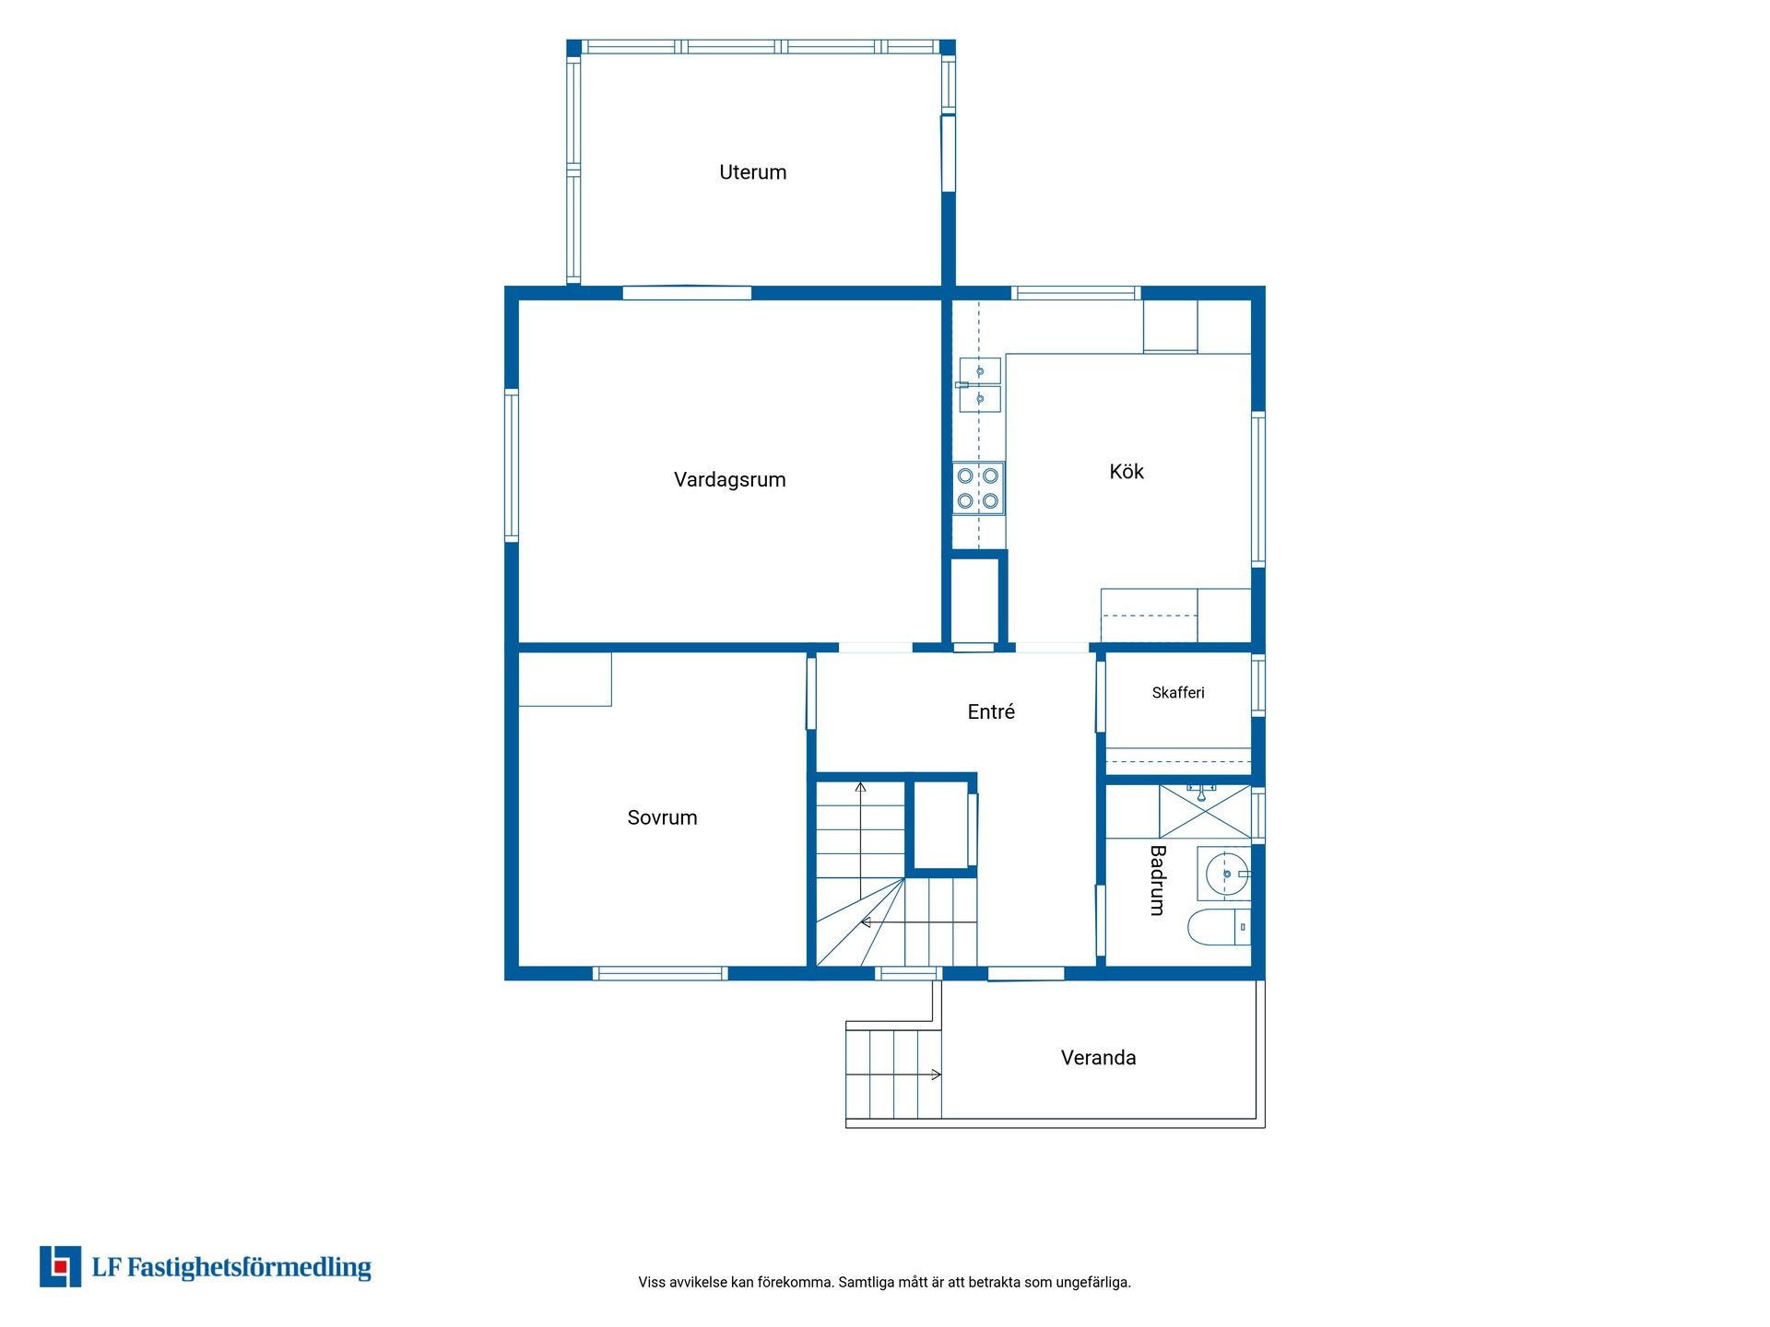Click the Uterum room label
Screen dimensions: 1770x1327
coord(752,172)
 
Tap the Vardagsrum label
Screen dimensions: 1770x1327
coord(729,479)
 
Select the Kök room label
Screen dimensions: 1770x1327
coord(1127,471)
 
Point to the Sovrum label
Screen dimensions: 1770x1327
coord(662,817)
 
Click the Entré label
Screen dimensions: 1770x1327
coord(991,711)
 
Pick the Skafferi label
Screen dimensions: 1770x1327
coord(1178,693)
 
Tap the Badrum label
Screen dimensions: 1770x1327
coord(1158,880)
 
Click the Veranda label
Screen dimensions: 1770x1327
coord(1098,1058)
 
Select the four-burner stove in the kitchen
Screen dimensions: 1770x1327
coord(978,488)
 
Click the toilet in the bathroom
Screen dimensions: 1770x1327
coord(1219,927)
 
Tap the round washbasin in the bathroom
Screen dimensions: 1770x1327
coord(1227,873)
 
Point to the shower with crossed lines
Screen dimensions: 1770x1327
coord(1205,812)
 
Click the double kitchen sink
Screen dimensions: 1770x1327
coord(979,384)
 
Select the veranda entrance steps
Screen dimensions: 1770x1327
coord(894,1075)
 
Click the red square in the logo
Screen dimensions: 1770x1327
coord(61,1266)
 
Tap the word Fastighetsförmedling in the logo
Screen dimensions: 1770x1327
coord(249,1268)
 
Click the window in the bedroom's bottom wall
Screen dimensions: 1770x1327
coord(660,973)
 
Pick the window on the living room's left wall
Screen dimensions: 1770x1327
coord(512,464)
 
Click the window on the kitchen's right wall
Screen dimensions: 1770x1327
coord(1258,488)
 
